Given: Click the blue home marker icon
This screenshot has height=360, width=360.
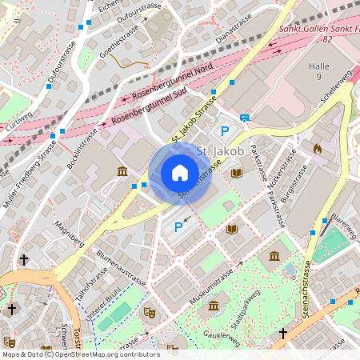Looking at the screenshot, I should tap(180, 172).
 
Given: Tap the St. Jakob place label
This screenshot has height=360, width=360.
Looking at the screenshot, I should tap(219, 150).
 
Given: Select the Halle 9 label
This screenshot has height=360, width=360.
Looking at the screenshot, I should tap(318, 71).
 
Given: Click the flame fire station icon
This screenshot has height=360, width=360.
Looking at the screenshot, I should tap(317, 149).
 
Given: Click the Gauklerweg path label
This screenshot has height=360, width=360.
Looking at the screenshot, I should tap(222, 336).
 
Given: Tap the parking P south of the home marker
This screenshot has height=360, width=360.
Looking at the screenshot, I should tap(178, 227).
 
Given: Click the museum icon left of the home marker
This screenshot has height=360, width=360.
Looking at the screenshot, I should tap(122, 172).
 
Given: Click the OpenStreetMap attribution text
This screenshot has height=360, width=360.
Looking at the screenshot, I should tap(80, 354).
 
